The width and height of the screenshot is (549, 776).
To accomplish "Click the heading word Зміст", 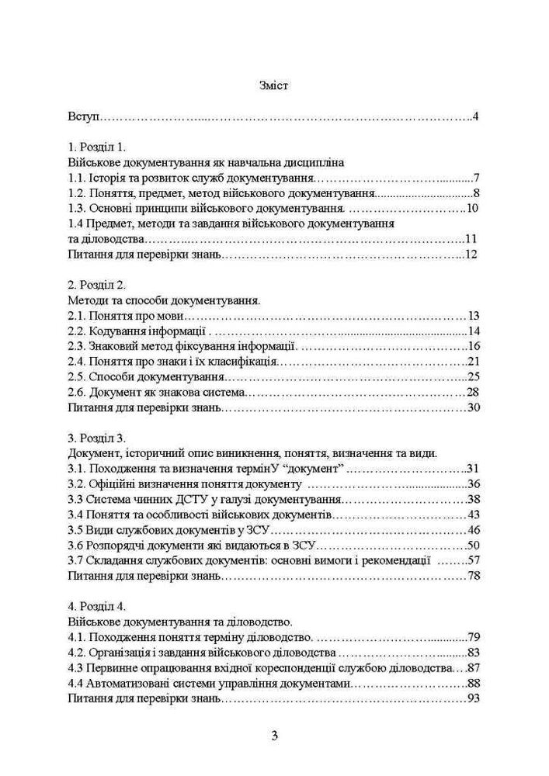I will point(273,86).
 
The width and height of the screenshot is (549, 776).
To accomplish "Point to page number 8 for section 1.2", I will point(477,193).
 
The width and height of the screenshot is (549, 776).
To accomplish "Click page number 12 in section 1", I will point(472,255).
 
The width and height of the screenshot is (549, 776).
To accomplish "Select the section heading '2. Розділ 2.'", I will point(96,285).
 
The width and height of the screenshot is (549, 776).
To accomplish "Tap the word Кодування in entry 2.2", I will point(117,331).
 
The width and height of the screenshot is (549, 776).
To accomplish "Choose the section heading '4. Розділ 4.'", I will point(96,606).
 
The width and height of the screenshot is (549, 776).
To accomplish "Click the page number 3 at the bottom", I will point(274,736).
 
